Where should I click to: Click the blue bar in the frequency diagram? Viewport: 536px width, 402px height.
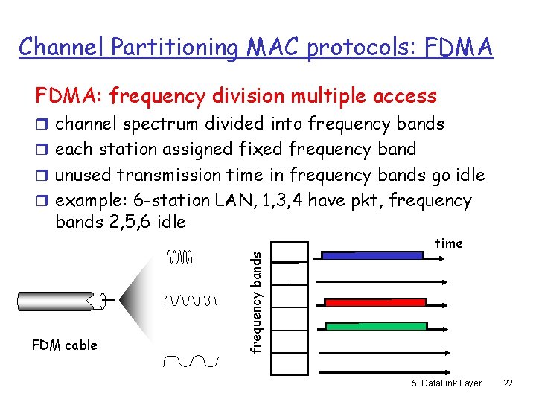371,255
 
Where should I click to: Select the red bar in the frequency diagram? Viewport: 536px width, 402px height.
375,302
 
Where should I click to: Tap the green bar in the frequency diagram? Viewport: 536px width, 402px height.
375,326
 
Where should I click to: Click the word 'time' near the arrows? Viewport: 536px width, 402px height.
449,243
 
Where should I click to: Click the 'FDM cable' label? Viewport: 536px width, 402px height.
64,345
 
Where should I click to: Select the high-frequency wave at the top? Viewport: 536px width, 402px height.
179,258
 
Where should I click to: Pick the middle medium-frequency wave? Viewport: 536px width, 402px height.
190,301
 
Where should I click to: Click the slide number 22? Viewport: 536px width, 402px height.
508,383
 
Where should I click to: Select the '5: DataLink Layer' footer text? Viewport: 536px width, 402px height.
446,383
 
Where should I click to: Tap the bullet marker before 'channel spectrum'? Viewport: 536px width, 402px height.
42,124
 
